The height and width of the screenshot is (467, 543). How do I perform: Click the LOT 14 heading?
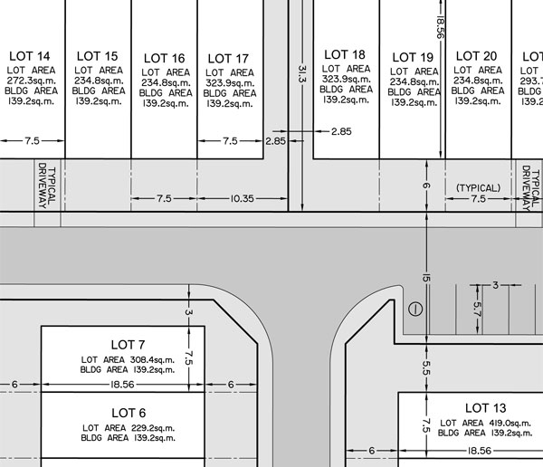[32, 55]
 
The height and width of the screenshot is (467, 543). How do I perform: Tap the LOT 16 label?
[164, 58]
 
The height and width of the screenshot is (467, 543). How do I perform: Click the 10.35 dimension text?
[241, 197]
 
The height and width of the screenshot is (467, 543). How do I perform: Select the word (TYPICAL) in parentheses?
[478, 188]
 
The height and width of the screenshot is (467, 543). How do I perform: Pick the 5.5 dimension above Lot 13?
[425, 368]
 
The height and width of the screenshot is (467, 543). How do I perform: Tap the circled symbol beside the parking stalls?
[415, 309]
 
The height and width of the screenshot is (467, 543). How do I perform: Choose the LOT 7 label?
[128, 345]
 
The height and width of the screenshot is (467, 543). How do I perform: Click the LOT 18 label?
[345, 54]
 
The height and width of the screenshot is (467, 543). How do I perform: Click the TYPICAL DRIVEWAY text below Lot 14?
[46, 186]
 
